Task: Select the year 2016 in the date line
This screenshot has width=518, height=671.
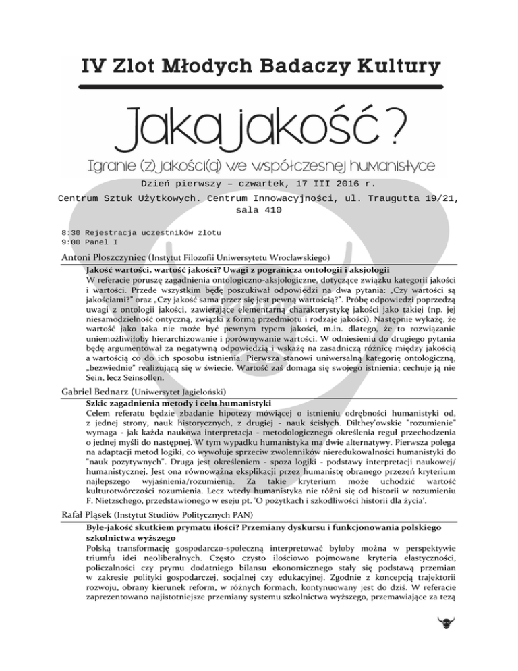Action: click(341, 183)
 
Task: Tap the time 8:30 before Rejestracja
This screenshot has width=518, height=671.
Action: click(71, 231)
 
